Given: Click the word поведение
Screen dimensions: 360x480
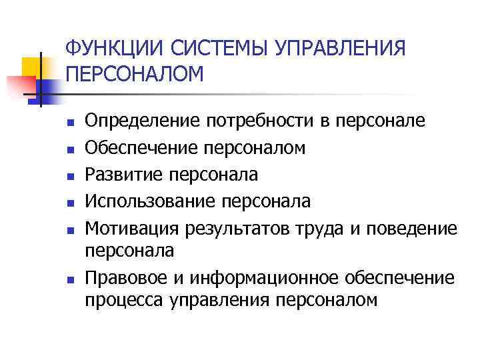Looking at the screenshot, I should [x=414, y=229].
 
